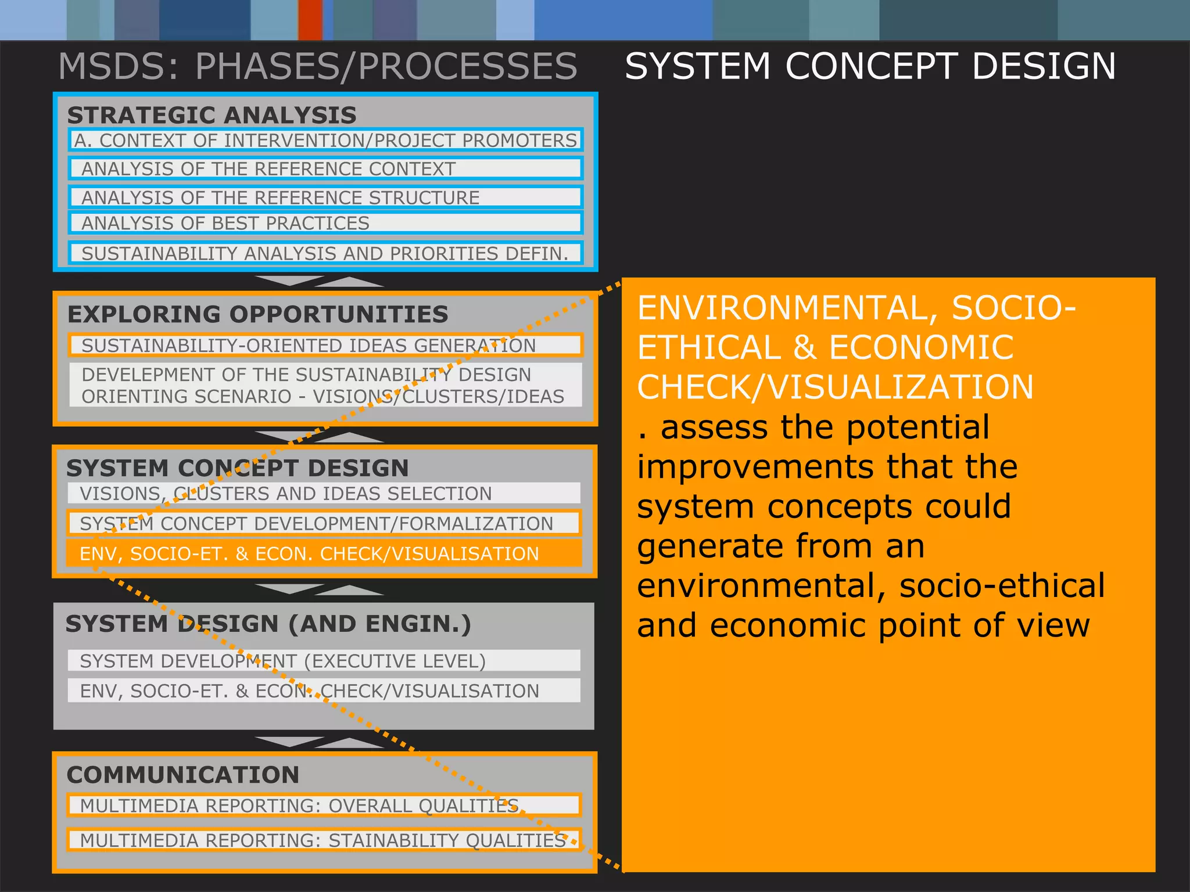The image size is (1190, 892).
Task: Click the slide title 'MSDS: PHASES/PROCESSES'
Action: pos(317,66)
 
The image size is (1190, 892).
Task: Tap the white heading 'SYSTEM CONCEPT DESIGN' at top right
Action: pos(870,66)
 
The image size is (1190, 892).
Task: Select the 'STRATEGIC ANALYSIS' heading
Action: pos(212,115)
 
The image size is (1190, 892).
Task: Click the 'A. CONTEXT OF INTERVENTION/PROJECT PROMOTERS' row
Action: pos(325,141)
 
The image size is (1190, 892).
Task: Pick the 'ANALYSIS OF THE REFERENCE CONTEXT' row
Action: pos(325,168)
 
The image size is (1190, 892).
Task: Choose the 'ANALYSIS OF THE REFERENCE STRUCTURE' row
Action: pos(325,197)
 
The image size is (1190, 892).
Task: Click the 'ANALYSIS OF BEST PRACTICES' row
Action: pos(325,223)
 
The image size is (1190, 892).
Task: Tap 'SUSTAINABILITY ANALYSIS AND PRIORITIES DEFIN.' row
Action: pos(325,253)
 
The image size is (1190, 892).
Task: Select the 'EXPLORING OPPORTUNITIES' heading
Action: pos(257,314)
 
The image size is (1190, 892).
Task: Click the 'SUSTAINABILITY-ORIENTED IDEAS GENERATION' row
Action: pos(325,345)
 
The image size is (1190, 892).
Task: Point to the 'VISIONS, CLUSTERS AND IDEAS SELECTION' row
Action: pos(324,494)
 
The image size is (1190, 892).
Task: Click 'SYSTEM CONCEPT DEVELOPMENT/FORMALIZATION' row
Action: pos(324,523)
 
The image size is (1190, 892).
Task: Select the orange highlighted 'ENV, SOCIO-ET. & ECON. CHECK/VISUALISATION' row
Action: pos(324,553)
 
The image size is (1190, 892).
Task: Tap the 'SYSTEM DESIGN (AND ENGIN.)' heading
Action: pos(268,624)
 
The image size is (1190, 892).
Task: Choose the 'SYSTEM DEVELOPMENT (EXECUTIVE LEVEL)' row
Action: pos(324,661)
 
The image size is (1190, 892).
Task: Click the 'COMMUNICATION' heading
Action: pos(183,775)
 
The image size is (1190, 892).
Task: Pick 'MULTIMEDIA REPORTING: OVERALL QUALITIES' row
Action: pos(324,805)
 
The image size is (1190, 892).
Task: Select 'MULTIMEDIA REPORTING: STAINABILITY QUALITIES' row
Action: pos(324,840)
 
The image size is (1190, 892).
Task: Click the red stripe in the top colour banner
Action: pos(310,20)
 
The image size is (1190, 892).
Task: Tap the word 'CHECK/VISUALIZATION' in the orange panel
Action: pos(835,387)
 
